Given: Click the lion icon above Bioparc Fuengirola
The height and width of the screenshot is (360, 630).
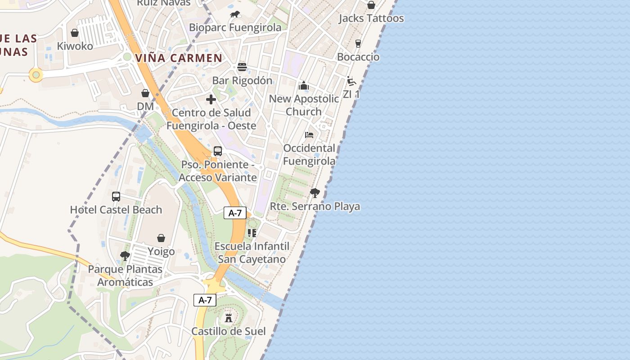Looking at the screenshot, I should pos(235,15).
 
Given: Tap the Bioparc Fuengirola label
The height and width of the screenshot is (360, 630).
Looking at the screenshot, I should pos(235,27).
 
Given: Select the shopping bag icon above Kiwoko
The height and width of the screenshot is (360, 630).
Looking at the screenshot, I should pos(75,33).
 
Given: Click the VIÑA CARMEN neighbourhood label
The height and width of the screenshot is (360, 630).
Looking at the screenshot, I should pos(179,58).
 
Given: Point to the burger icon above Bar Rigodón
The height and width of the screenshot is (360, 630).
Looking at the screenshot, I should pos(242,67).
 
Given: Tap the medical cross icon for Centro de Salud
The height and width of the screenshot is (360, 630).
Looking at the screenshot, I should pos(211,99).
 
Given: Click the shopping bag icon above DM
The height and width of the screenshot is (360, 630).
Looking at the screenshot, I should pos(145,93).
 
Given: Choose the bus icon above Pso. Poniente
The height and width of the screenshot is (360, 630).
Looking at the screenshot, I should pos(218,151).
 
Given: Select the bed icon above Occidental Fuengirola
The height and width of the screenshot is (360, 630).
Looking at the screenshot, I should pos(309,135).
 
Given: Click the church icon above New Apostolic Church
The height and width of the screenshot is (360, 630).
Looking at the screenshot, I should pos(304,85).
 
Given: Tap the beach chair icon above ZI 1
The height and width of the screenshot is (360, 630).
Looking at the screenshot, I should pos(351,81).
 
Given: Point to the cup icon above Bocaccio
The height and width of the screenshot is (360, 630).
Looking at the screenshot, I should pos(358,44).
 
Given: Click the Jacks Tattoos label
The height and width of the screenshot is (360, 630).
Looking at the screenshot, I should pos(371,18).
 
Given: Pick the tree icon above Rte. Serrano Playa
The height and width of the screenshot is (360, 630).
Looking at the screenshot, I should pos(315,193).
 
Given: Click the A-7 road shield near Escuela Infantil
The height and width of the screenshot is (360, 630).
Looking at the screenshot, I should pos(235,213).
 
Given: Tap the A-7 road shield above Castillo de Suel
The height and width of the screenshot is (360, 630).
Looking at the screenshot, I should pos(205,300).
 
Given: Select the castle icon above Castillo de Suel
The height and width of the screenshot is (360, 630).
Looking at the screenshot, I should pos(229,318).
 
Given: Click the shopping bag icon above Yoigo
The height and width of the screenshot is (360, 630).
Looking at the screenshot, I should pos(161,238).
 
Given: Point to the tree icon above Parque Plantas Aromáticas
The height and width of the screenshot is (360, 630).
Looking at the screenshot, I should pos(125,256).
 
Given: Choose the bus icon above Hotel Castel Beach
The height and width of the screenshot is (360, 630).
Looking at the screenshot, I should pos(116,197).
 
